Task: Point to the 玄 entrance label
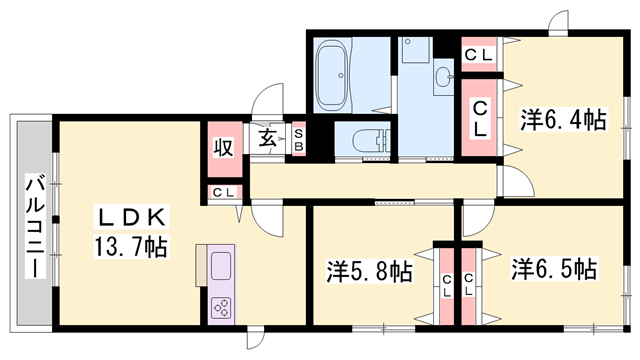pos(269,139)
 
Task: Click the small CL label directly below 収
pos(224,193)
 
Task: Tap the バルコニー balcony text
pos(33,226)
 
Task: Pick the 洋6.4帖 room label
pos(562,120)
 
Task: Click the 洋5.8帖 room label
pos(370,270)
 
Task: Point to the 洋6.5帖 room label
pos(554,269)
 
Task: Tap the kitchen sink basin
pos(220,266)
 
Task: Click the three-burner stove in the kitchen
pos(220,307)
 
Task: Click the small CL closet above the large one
pos(479,54)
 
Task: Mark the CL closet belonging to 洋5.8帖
pos(445,285)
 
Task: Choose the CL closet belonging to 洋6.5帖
pos(468,285)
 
